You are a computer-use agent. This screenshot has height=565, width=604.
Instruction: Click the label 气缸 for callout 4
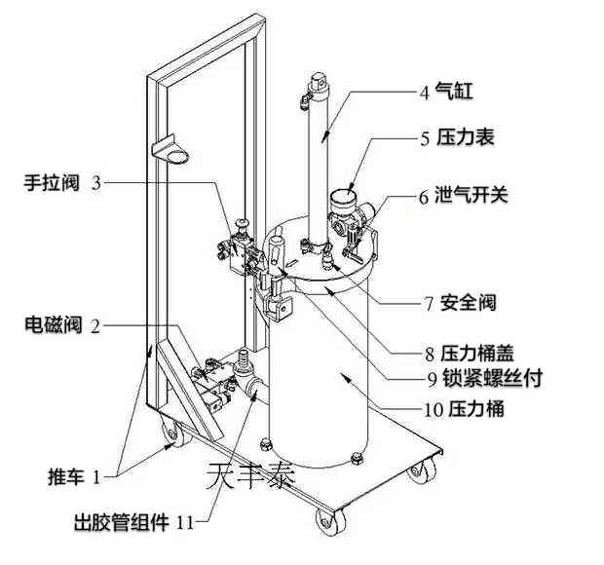tap(455, 93)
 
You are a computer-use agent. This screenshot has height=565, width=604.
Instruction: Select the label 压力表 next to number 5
tap(466, 138)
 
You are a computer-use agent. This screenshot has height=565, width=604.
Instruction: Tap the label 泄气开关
tap(476, 196)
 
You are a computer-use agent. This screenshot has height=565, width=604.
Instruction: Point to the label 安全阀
tap(468, 303)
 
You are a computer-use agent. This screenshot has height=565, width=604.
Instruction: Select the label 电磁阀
tap(54, 326)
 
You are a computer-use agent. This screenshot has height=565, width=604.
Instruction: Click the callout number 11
tap(186, 523)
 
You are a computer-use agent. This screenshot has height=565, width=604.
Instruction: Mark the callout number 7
tap(427, 303)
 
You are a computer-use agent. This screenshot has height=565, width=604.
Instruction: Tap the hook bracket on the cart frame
tap(175, 153)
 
